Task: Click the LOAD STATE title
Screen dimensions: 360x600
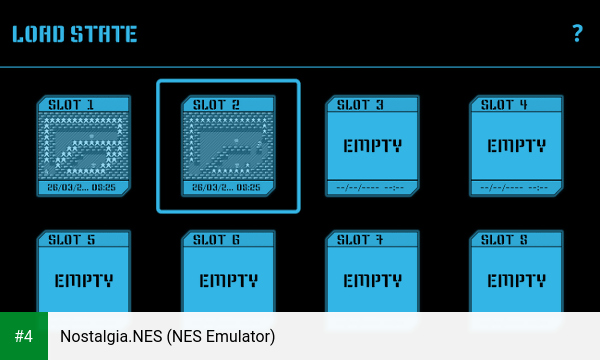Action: (x=74, y=34)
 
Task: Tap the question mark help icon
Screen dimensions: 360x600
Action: (x=577, y=33)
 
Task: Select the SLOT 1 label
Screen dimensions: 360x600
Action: (x=72, y=104)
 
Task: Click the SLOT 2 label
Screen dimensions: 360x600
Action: (x=216, y=104)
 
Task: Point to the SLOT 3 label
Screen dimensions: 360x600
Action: (x=360, y=104)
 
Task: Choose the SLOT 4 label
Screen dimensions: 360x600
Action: (x=504, y=104)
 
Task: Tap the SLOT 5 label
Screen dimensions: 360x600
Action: (x=72, y=240)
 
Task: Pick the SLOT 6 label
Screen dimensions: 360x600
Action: (x=216, y=240)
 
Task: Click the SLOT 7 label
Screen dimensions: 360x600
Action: (x=360, y=240)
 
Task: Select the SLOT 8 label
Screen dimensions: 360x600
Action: (x=504, y=240)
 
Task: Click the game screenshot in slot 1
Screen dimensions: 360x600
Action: (x=84, y=145)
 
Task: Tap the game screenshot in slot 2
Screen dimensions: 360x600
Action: (x=228, y=145)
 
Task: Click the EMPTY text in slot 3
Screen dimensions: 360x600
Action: (x=372, y=145)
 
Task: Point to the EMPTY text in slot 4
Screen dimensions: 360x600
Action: (x=516, y=145)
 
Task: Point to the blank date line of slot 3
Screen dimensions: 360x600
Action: (x=370, y=187)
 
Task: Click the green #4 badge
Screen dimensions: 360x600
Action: (x=23, y=336)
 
